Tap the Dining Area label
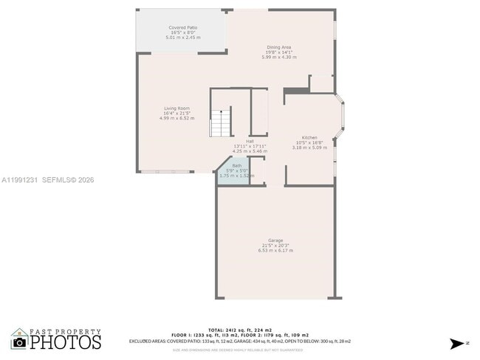278,47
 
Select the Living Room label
176,108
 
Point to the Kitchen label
309,138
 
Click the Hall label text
250,140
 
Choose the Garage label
275,240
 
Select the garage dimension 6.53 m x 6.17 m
275,251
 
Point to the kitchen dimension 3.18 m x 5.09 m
309,148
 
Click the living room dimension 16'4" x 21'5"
176,114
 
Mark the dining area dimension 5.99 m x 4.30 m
278,57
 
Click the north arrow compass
456,342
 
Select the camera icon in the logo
19,342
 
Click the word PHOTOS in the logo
65,342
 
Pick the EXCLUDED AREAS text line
240,342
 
